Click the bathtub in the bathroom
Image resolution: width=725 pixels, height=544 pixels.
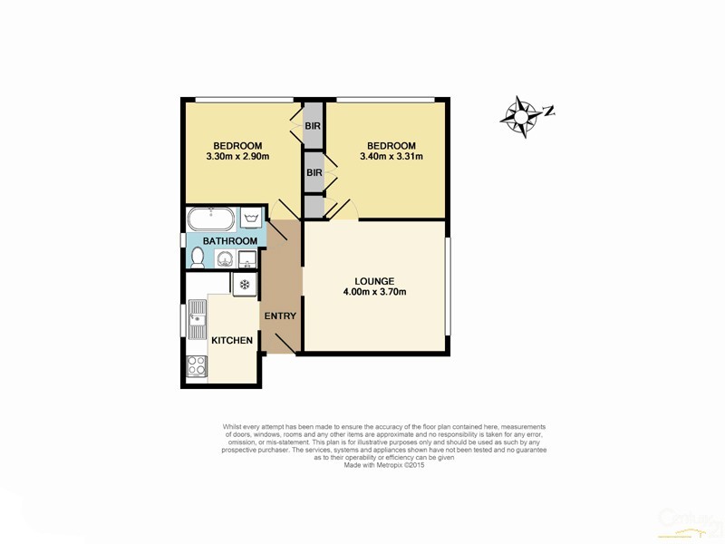tap(210, 219)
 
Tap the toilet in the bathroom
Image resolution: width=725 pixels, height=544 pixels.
tap(197, 257)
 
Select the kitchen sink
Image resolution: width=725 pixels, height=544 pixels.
tap(197, 319)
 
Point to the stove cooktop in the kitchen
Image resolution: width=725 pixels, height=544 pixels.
tap(196, 366)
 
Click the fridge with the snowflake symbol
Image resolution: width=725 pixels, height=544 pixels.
tap(244, 284)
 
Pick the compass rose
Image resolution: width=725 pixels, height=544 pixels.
tap(521, 116)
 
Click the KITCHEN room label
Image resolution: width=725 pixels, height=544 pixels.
tap(232, 341)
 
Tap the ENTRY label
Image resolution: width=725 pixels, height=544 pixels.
tap(279, 316)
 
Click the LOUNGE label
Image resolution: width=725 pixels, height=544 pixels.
tap(373, 280)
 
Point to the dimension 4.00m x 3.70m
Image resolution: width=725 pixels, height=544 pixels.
tap(373, 292)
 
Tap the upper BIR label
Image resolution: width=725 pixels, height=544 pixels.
tap(314, 126)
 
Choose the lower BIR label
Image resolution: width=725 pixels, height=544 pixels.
tap(314, 172)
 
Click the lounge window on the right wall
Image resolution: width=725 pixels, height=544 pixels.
tap(448, 286)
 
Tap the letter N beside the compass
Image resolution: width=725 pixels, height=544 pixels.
tap(548, 112)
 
